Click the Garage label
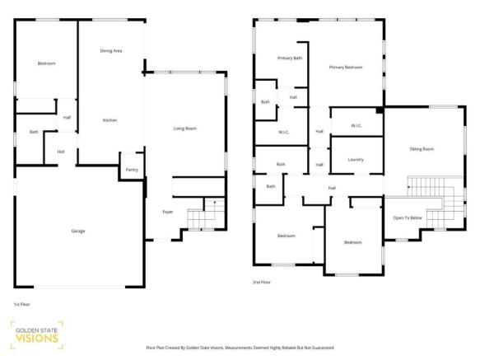[x=78, y=231]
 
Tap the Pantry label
[x=132, y=170]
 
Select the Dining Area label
[x=111, y=51]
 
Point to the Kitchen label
[x=110, y=120]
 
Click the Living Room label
[x=185, y=129]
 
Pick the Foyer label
[x=168, y=212]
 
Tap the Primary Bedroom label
[x=346, y=67]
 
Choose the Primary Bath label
[x=290, y=58]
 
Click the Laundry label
[x=356, y=160]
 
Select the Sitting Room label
[x=422, y=149]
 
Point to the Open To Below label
[x=408, y=217]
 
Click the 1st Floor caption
[x=21, y=304]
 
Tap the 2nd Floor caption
[x=262, y=282]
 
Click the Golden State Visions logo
[x=37, y=335]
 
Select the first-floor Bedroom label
[x=47, y=63]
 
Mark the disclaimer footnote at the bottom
[x=240, y=348]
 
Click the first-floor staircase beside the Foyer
[x=206, y=214]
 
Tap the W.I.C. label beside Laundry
[x=357, y=125]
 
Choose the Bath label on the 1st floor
[x=34, y=132]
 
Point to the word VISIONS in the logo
[x=37, y=339]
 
